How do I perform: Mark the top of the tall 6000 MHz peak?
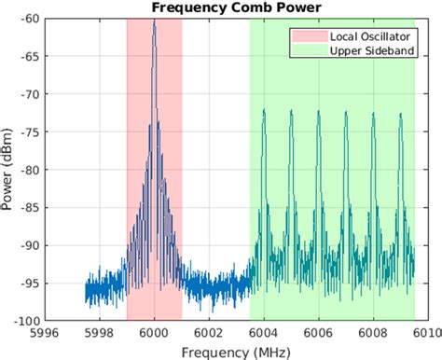pyautogui.click(x=154, y=21)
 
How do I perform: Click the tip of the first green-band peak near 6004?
pyautogui.click(x=264, y=109)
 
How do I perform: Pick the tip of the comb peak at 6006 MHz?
pyautogui.click(x=318, y=111)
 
